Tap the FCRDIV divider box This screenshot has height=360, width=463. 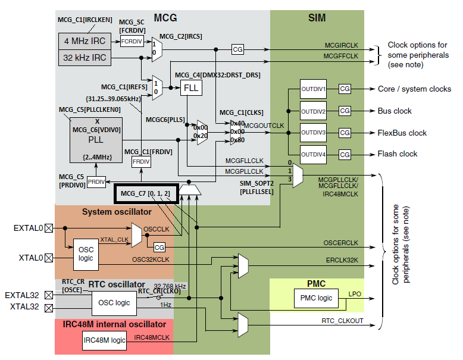pos(132,42)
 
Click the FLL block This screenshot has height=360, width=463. pos(190,87)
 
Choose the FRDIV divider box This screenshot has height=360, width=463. pos(140,162)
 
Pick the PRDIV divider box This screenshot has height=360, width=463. pos(96,181)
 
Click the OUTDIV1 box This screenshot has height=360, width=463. pos(313,89)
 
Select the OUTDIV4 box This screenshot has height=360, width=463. pos(313,154)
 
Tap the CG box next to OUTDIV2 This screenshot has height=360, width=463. pos(345,111)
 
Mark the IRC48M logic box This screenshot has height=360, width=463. pos(105,340)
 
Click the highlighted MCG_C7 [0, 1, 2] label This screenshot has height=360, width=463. pos(146,194)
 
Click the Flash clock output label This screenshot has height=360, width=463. pos(398,154)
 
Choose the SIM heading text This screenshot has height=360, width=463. pos(317,18)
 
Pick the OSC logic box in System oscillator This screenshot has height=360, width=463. pos(86,254)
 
